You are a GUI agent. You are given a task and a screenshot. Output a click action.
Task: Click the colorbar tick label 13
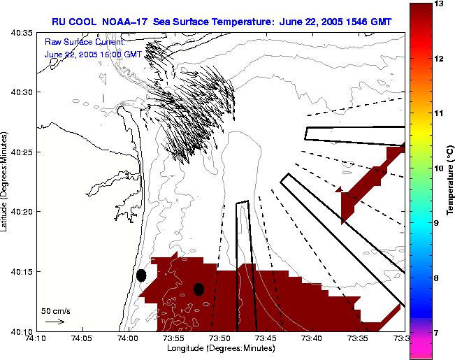tap(440, 3)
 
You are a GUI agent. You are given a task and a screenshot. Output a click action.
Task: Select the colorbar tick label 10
tap(440, 168)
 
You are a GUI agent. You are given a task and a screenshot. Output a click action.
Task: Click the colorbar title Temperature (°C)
tap(451, 180)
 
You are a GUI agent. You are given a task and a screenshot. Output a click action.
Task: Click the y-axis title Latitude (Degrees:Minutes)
tap(5, 181)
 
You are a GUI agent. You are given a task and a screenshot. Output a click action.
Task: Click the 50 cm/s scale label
tap(55, 310)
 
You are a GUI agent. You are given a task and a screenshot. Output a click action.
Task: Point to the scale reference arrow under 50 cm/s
tap(55, 322)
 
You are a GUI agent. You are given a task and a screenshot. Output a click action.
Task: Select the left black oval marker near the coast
tap(141, 275)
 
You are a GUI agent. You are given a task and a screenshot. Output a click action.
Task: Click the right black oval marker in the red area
tap(198, 289)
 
